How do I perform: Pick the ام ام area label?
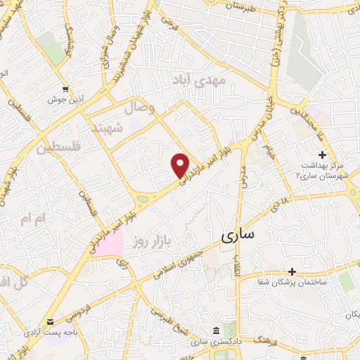32,220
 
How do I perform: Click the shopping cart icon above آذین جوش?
65,89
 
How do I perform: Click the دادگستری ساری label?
217,342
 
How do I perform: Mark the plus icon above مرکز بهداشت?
322,155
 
